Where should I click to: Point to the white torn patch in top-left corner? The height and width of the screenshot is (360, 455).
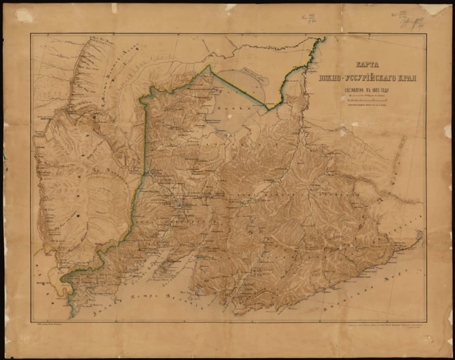point(24,15)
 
